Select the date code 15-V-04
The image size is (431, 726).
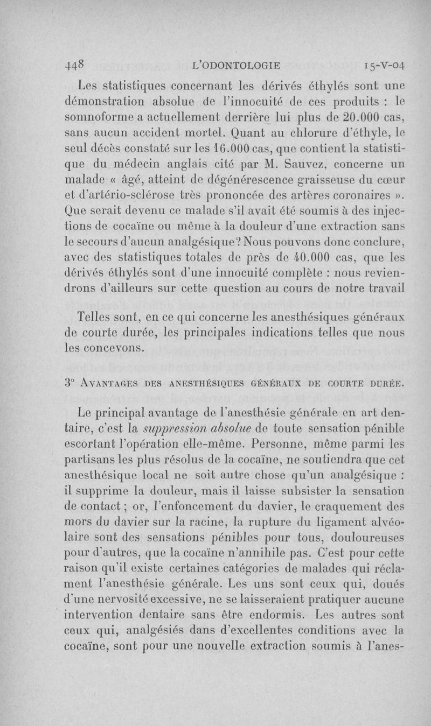point(377,65)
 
